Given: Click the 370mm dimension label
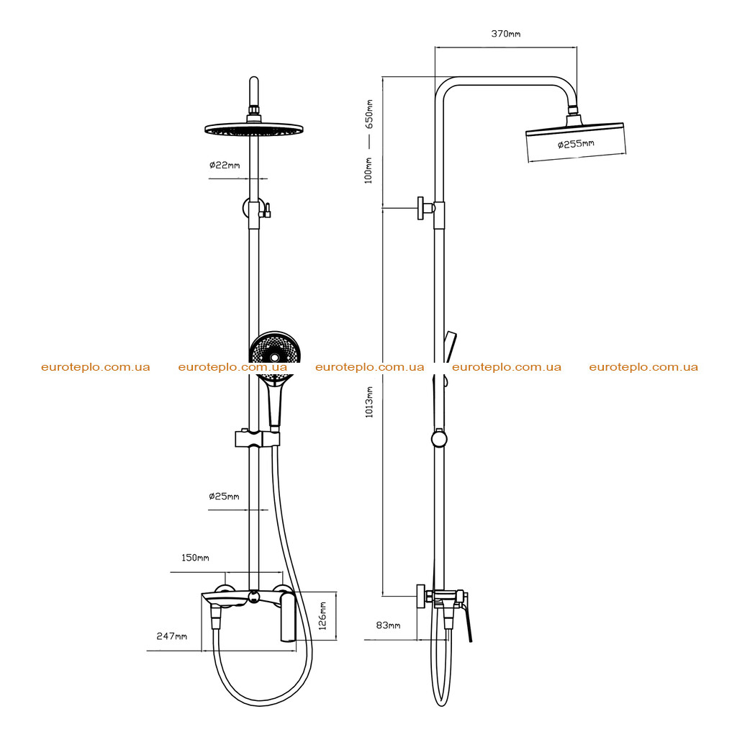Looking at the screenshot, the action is pyautogui.click(x=506, y=34).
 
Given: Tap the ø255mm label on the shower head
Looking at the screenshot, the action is pyautogui.click(x=576, y=144).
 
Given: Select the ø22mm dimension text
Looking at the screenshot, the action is pyautogui.click(x=225, y=165).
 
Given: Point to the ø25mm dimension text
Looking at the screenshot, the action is pyautogui.click(x=225, y=496).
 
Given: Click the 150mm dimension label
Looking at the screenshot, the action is pyautogui.click(x=196, y=558).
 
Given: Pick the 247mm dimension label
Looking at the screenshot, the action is pyautogui.click(x=172, y=636).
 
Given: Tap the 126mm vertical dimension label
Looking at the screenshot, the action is pyautogui.click(x=322, y=616).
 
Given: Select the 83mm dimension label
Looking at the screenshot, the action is pyautogui.click(x=388, y=625).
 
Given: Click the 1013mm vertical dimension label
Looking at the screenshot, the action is pyautogui.click(x=369, y=402).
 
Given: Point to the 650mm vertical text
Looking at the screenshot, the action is pyautogui.click(x=369, y=114).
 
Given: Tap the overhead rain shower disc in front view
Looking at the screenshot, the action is pyautogui.click(x=254, y=129).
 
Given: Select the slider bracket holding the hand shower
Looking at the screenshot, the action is pyautogui.click(x=257, y=438).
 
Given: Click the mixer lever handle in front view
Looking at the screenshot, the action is pyautogui.click(x=288, y=617).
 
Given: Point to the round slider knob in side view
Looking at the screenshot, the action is pyautogui.click(x=439, y=439).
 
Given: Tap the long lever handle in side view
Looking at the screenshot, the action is pyautogui.click(x=467, y=617).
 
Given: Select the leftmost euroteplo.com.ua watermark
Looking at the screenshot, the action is pyautogui.click(x=96, y=367).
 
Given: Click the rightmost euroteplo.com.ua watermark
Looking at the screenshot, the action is pyautogui.click(x=643, y=367).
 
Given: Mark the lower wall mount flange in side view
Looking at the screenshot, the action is pyautogui.click(x=420, y=597).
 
